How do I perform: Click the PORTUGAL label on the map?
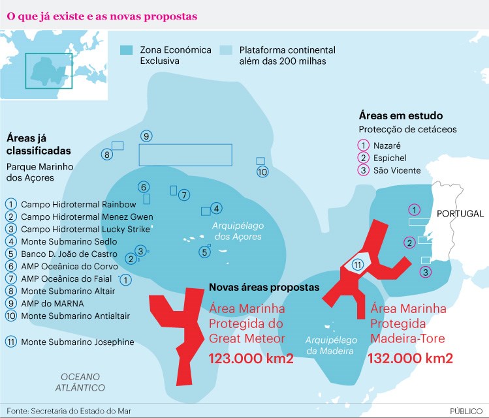click(460, 214)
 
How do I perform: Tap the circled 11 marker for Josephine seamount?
click(357, 265)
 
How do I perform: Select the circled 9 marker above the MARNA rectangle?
click(146, 136)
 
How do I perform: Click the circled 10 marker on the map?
click(262, 172)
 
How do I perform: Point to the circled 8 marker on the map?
click(106, 155)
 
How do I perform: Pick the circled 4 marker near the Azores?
click(217, 208)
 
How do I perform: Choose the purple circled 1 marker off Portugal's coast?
click(413, 209)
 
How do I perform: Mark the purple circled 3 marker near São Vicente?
click(426, 271)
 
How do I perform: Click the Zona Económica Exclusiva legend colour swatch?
click(127, 50)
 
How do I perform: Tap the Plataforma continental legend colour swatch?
click(227, 50)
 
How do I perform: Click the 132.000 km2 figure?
click(411, 359)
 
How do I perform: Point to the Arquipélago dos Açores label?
click(238, 231)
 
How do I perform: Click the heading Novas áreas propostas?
click(264, 288)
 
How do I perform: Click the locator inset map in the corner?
click(54, 65)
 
